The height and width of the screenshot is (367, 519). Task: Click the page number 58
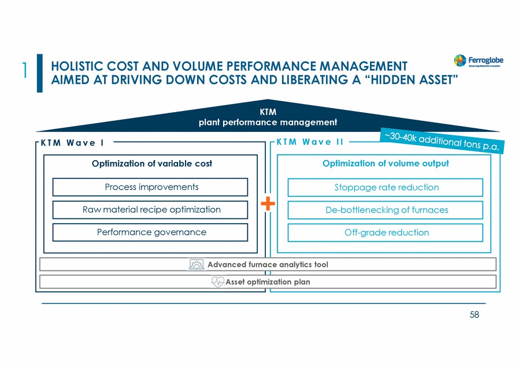474,316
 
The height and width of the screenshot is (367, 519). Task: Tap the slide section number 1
25,70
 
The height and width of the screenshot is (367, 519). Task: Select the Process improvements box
150,187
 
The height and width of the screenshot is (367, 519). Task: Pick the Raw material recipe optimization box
150,210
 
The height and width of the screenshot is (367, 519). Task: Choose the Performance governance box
150,232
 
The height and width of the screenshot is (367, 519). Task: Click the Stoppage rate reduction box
385,188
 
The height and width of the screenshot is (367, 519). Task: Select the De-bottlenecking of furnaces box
385,210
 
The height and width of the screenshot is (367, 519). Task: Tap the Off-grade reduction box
385,233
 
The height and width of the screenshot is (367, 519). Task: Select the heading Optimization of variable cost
152,164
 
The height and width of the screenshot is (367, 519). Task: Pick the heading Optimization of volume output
385,164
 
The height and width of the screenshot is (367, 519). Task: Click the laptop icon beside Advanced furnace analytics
197,265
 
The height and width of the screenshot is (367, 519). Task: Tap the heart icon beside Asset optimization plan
218,282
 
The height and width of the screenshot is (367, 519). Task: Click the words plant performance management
268,122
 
